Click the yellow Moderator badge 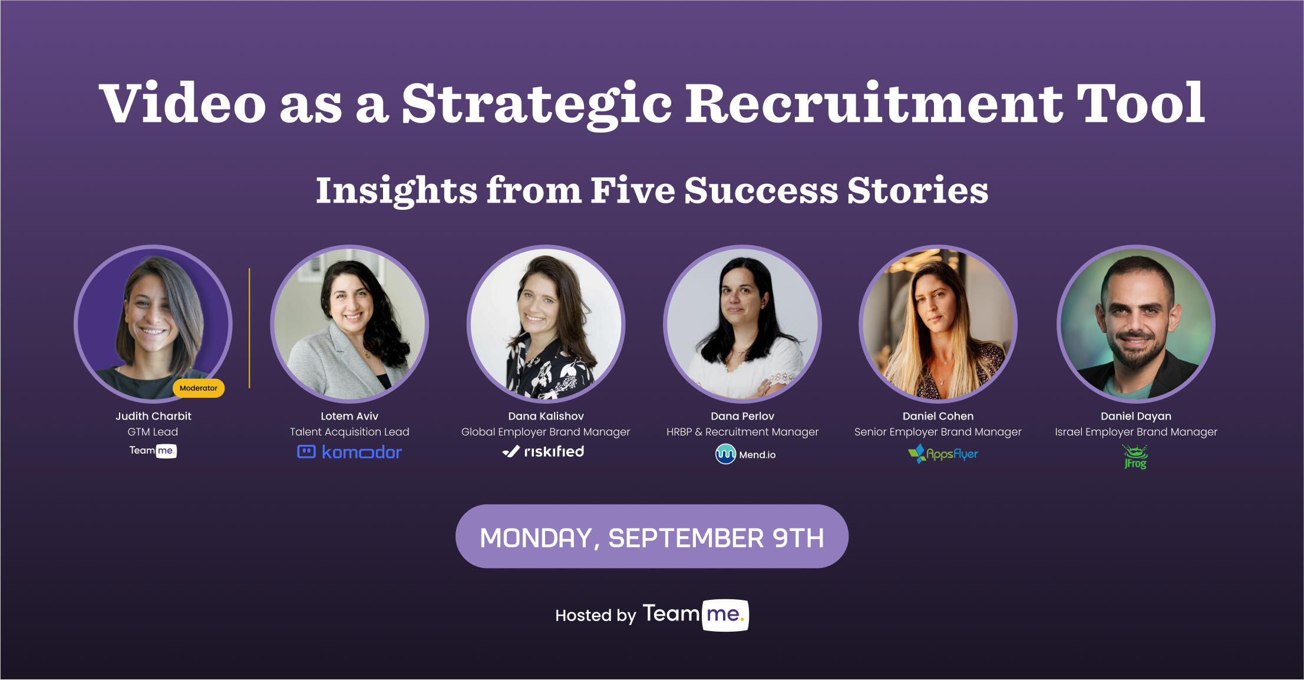199,388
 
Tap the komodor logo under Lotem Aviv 349,452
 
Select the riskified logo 543,451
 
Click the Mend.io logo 745,454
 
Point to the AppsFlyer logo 943,454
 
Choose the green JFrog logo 1135,457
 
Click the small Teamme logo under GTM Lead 153,451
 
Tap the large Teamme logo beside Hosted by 695,615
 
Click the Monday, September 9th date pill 652,537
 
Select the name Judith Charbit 153,416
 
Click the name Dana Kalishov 546,416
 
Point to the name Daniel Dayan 1135,416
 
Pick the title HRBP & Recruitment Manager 742,432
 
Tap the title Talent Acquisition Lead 349,432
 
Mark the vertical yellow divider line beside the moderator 249,328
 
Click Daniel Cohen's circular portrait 938,324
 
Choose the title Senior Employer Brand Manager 938,432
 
